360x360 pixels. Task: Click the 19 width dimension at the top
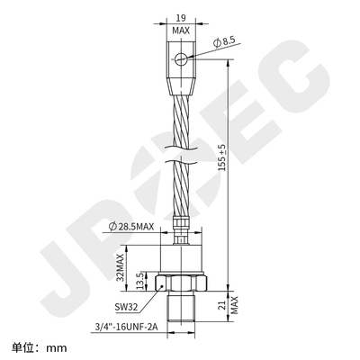(x=182, y=16)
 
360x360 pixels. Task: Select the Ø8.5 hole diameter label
(x=225, y=40)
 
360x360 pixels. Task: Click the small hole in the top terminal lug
(x=183, y=58)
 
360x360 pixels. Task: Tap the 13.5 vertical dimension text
(x=138, y=282)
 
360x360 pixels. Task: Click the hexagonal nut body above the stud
(x=185, y=282)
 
